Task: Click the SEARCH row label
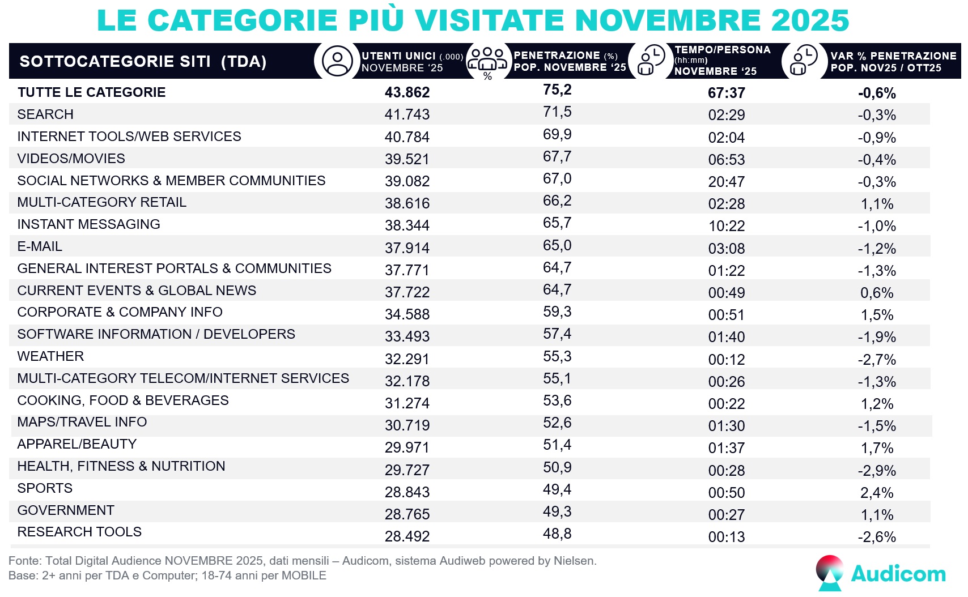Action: pos(45,114)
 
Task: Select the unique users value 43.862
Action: pos(407,92)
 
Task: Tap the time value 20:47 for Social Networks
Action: pos(726,182)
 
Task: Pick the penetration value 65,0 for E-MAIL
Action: pos(557,246)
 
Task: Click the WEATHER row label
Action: pos(50,356)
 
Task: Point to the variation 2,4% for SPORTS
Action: pos(877,493)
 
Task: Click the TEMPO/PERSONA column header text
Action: pos(722,50)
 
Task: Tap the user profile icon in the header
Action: pos(337,61)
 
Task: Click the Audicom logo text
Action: pos(898,574)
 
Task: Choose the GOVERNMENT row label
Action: pos(66,510)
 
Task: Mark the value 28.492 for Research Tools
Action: pos(407,536)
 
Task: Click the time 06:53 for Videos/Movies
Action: pos(726,160)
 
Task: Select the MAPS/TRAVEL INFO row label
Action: pos(82,422)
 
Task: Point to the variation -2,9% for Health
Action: pos(877,471)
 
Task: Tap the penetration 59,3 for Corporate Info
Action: pos(557,312)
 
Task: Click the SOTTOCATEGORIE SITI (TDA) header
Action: pos(143,61)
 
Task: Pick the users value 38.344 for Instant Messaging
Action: pos(407,225)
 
